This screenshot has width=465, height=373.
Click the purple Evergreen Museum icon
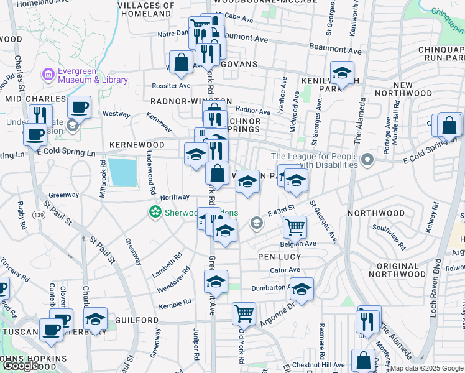(48, 75)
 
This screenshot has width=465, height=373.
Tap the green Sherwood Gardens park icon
(154, 213)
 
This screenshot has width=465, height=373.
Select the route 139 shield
(38, 214)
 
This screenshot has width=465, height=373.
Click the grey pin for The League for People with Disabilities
(368, 160)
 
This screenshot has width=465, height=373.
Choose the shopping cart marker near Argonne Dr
(244, 313)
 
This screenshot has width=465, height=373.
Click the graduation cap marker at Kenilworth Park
(341, 73)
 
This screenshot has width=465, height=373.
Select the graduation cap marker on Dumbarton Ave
(302, 289)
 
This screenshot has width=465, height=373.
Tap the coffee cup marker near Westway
(79, 107)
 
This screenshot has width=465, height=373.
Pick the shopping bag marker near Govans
(180, 62)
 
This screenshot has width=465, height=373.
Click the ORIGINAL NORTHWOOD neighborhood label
(402, 270)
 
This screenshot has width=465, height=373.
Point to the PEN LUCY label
(275, 256)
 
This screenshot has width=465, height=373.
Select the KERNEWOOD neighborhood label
(136, 145)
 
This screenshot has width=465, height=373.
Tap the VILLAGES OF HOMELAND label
(144, 9)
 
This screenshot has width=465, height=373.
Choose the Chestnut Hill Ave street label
(321, 364)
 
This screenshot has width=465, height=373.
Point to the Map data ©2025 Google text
(426, 368)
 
